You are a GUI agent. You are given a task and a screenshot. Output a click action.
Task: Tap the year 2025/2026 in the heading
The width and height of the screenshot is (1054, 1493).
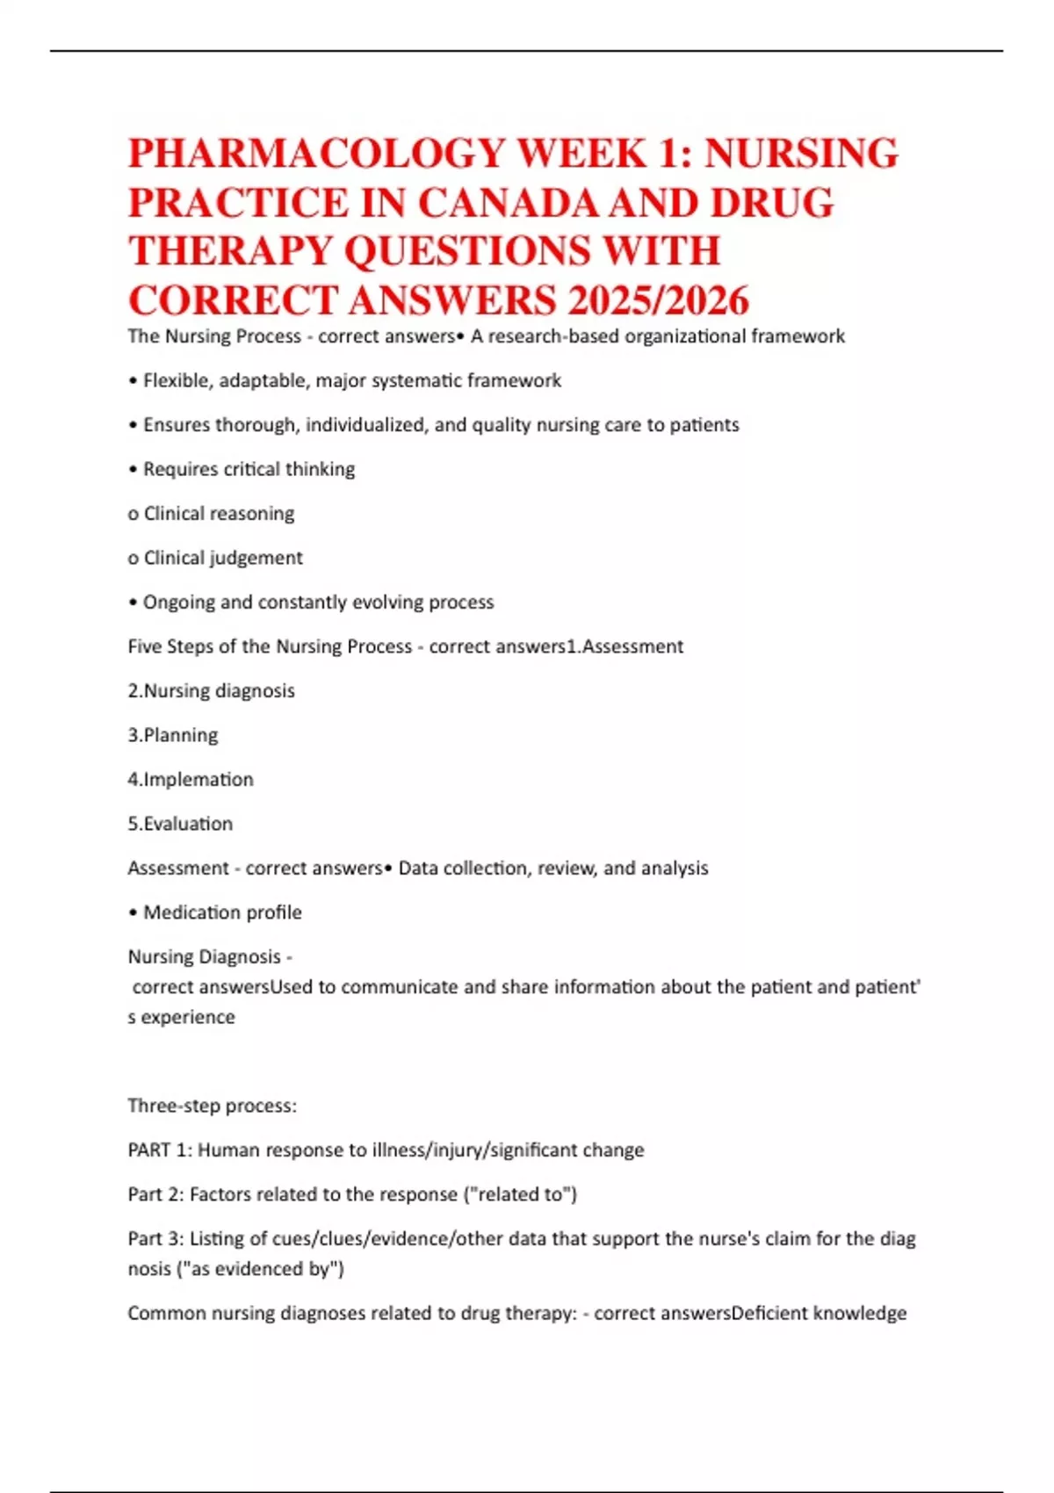coord(658,301)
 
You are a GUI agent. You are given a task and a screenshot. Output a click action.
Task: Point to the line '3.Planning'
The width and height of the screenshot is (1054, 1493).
coord(173,735)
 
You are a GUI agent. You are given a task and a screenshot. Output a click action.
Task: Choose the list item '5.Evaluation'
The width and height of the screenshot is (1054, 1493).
coord(180,824)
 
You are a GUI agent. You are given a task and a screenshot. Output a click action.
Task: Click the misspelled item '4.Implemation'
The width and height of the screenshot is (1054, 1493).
coord(191,780)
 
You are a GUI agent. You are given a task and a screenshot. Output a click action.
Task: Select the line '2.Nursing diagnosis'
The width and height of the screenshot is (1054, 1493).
coord(212,691)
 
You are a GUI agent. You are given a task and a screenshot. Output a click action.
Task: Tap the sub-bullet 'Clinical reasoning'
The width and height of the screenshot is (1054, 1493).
coord(219,514)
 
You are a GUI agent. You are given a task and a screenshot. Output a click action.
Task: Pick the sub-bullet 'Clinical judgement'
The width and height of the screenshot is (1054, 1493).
coord(223,558)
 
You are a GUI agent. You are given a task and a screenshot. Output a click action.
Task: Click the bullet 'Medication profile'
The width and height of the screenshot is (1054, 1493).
coord(222,912)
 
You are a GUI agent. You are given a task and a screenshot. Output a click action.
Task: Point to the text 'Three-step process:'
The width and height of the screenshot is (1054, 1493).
coord(212,1106)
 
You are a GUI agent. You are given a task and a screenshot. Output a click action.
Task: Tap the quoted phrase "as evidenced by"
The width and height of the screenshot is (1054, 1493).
coord(236,1269)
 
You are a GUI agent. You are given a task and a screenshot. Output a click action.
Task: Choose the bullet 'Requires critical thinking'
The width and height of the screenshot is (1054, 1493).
coord(249,470)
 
